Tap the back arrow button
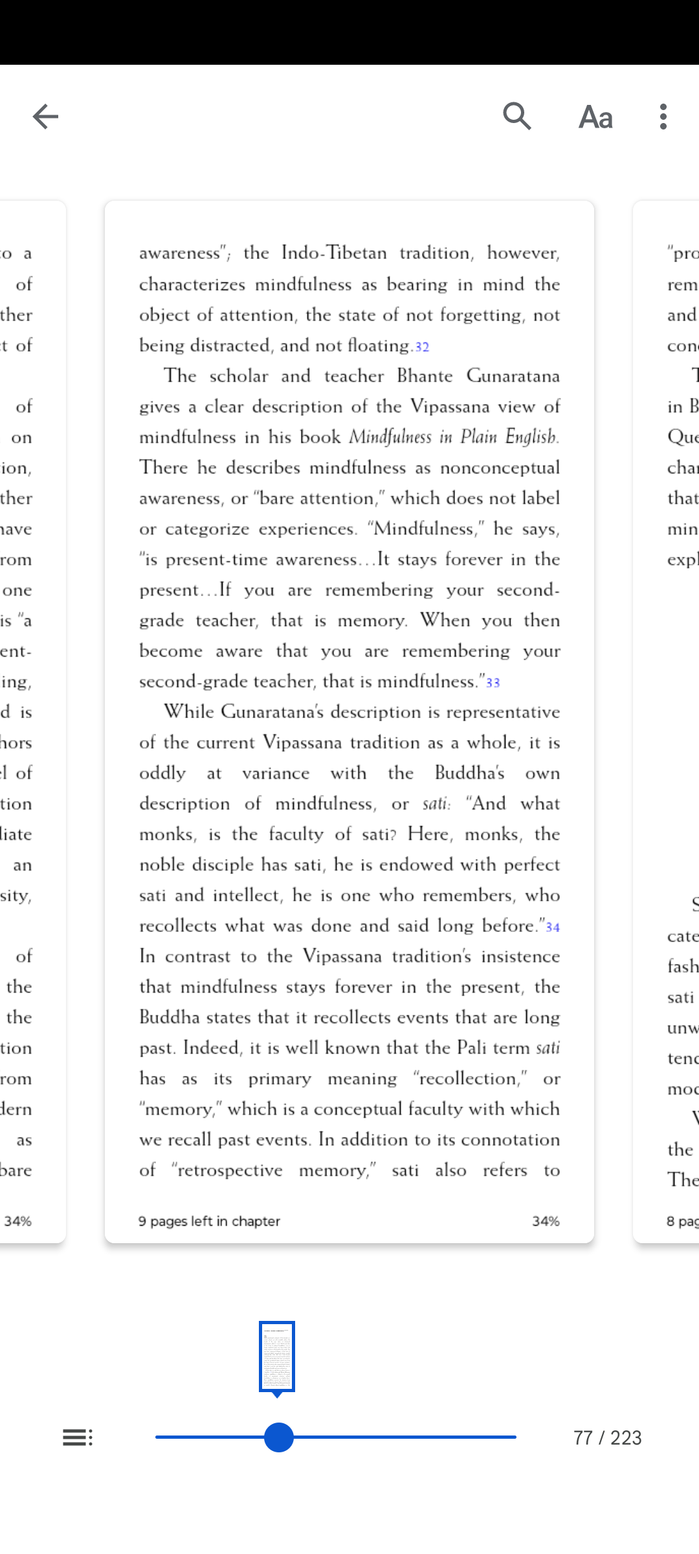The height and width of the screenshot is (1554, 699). (45, 117)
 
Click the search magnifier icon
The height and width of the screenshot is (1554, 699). (517, 117)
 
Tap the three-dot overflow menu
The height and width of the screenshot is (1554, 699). (663, 117)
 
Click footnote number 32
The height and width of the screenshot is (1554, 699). (422, 347)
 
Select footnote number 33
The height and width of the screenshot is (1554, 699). (493, 682)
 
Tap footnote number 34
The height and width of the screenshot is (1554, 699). (553, 927)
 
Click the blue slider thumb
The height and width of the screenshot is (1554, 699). (279, 1437)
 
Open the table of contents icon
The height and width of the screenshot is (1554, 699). (78, 1437)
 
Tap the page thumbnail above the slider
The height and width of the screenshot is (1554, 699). (277, 1356)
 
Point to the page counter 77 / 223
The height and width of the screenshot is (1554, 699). (607, 1438)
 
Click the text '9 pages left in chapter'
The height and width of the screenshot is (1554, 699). (209, 1221)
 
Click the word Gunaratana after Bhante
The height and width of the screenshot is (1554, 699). (513, 376)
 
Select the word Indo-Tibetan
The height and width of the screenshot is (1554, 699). (334, 253)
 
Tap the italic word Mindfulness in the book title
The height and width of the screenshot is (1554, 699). (390, 437)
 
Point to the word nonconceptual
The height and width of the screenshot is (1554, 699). (500, 467)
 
